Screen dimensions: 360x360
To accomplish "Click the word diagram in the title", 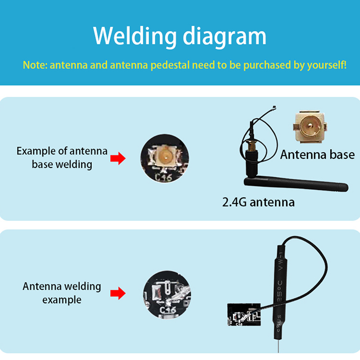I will click(225, 36).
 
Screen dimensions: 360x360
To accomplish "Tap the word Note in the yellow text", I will click(34, 65).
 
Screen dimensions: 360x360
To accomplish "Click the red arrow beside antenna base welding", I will click(117, 158).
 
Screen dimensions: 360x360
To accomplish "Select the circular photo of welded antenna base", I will click(165, 157).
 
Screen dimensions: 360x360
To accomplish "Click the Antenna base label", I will click(317, 155).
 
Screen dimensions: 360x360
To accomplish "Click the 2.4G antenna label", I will click(258, 202).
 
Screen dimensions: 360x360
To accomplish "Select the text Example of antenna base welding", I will click(62, 157).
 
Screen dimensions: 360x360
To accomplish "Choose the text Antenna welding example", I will click(62, 292).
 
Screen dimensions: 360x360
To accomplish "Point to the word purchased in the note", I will click(267, 65).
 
